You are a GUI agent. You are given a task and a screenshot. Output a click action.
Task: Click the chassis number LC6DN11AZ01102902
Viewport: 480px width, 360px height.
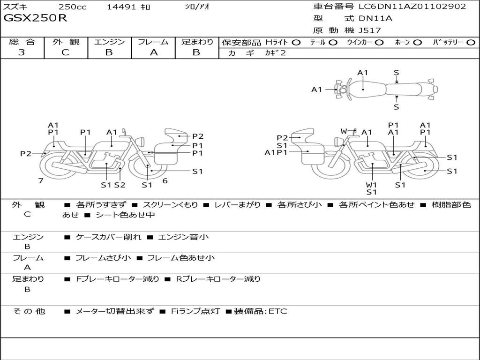point(412,7)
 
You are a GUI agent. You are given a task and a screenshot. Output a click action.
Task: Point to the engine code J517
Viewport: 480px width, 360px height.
point(369,30)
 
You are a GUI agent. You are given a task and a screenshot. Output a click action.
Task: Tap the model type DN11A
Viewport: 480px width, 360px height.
point(375,19)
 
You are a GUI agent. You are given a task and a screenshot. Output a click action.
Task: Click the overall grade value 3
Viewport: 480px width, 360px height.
point(22,52)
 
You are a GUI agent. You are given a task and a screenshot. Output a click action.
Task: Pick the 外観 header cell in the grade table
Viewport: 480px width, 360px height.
point(66,42)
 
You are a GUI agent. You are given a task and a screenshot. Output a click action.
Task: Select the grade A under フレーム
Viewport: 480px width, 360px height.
point(153,52)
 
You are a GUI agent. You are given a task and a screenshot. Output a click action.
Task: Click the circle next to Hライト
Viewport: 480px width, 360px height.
point(297,42)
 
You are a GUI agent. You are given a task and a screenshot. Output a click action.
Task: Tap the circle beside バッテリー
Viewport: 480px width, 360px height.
point(471,42)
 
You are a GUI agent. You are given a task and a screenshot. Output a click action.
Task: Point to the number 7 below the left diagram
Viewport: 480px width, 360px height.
point(41,180)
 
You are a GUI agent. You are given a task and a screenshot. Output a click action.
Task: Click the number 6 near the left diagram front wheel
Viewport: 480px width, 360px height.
point(165,180)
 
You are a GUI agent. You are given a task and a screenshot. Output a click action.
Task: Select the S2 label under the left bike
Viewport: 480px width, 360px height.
point(120,185)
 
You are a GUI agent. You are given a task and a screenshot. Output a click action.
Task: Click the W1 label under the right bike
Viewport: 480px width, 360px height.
point(371,185)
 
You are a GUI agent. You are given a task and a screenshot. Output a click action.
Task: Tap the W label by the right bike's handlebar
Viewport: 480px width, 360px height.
point(344,131)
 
